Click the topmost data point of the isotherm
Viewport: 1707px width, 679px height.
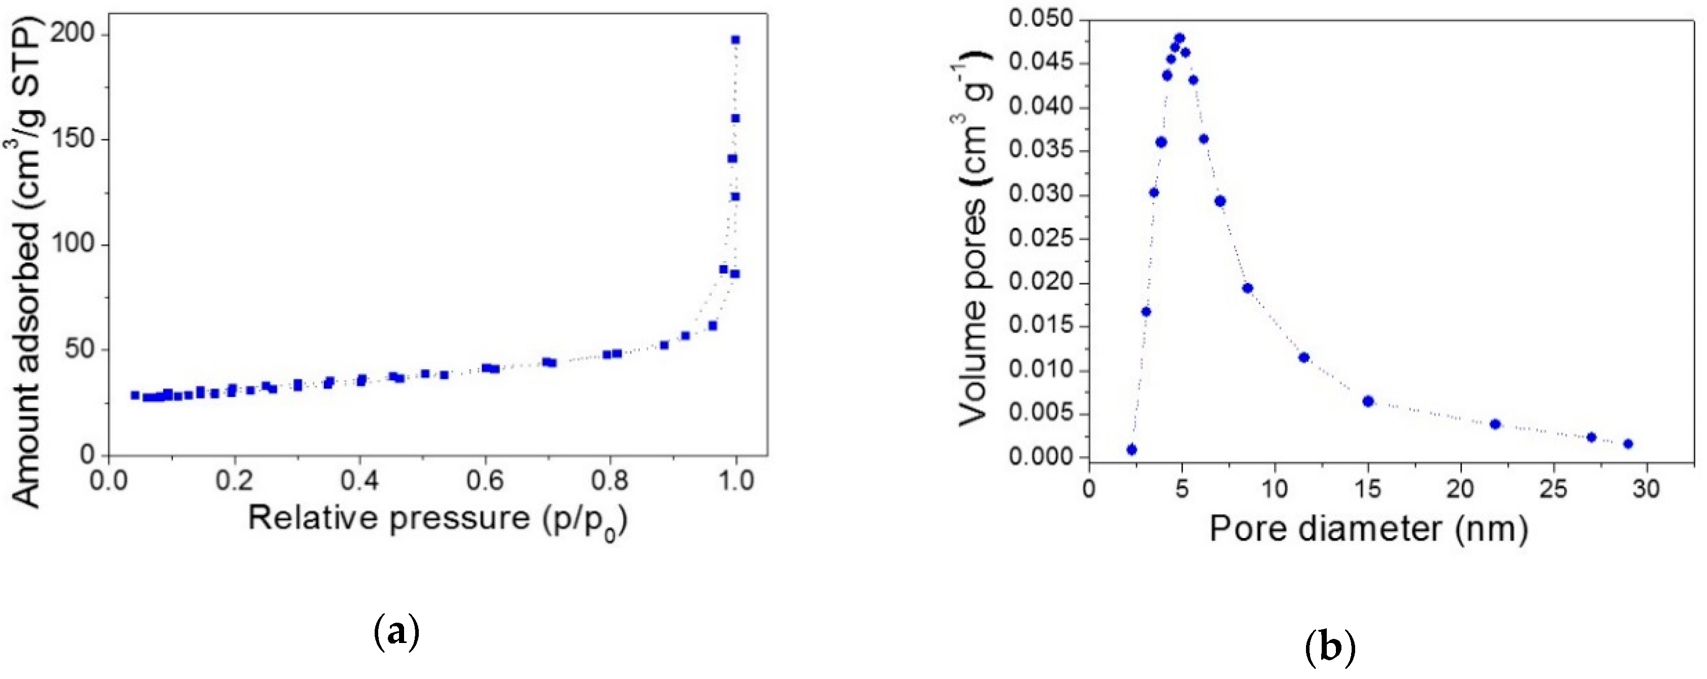click(x=735, y=40)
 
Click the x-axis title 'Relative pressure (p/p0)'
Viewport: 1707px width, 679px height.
click(x=438, y=519)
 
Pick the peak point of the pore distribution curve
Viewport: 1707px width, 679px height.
click(x=1180, y=38)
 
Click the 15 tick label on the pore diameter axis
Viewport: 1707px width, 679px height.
click(x=1368, y=489)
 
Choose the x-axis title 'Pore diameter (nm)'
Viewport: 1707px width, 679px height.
click(x=1368, y=528)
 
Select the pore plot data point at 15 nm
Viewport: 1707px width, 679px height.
click(x=1368, y=401)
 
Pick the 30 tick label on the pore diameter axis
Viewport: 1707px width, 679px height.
click(x=1646, y=489)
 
